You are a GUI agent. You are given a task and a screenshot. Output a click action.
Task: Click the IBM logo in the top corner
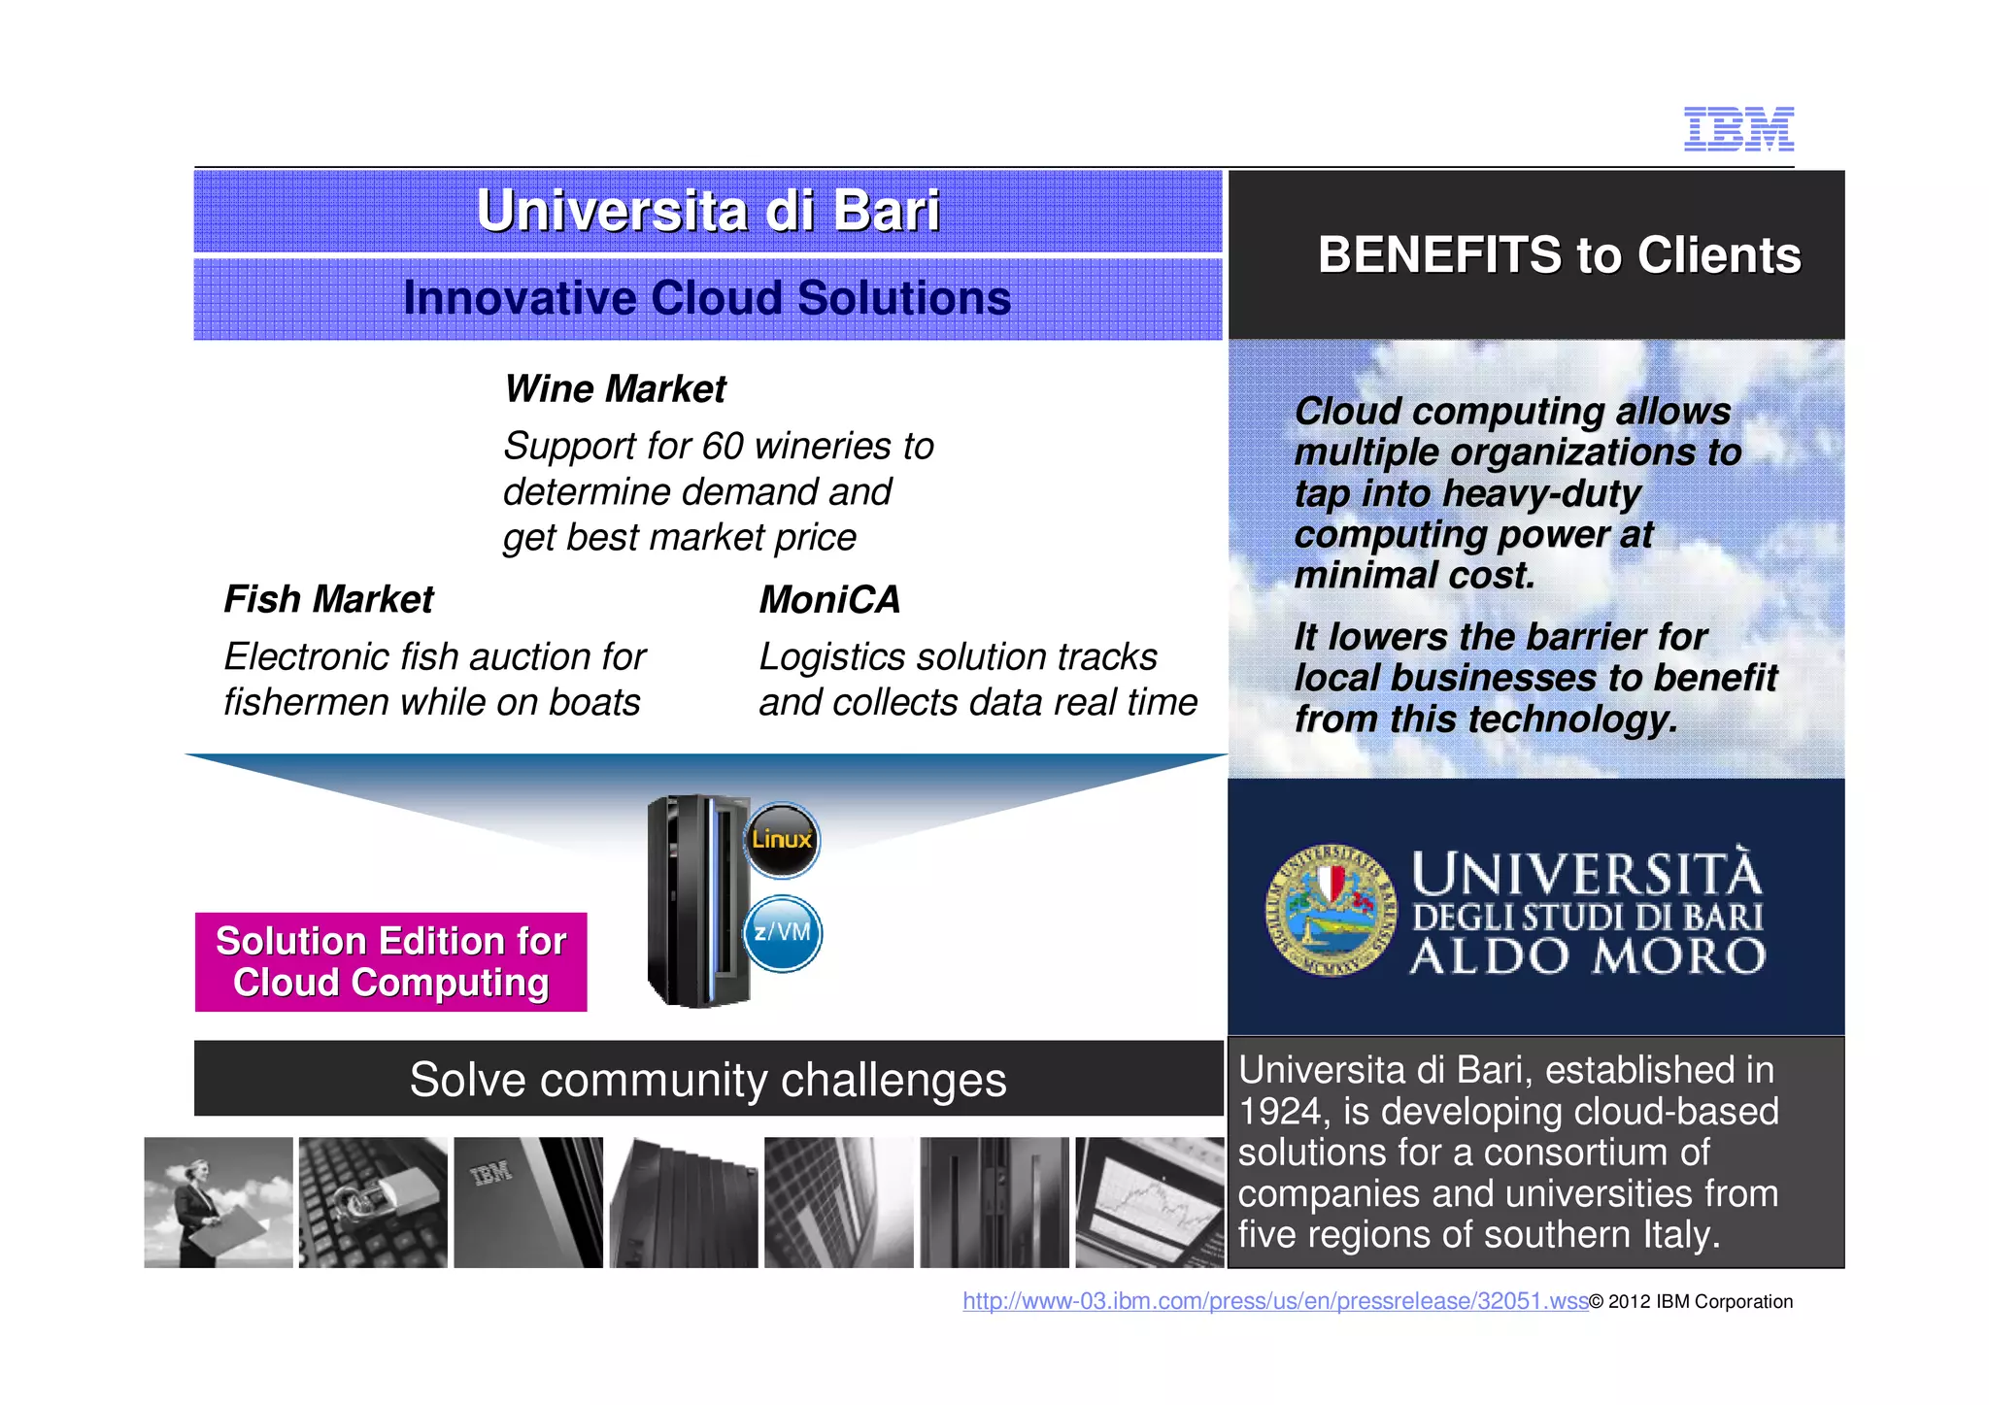[x=1738, y=129]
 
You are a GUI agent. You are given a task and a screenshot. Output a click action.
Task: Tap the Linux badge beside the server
[x=782, y=840]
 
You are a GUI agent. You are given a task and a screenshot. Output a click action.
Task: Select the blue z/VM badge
[x=783, y=933]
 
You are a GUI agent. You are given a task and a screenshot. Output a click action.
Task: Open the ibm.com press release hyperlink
[x=1274, y=1301]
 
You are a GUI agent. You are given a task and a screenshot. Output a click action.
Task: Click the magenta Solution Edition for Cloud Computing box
[x=390, y=962]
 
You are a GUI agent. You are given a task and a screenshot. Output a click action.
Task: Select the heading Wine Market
[x=615, y=389]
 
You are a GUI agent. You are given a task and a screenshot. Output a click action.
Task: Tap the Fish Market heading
[x=328, y=599]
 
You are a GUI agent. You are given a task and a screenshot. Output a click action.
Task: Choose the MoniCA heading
[x=829, y=599]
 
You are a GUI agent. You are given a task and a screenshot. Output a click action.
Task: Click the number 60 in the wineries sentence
[x=723, y=447]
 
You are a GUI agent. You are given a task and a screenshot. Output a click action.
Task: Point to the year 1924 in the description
[x=1280, y=1112]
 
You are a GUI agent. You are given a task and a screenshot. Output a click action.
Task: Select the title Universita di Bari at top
[x=708, y=211]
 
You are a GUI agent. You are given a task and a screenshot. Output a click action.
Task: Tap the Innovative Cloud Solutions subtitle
[x=707, y=298]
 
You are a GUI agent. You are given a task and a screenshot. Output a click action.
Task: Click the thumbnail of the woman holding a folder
[x=219, y=1202]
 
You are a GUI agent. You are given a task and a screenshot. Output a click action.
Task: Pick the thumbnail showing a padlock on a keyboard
[x=373, y=1202]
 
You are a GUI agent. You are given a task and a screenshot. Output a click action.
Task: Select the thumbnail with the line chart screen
[x=1150, y=1202]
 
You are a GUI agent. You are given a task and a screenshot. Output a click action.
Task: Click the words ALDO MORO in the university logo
[x=1587, y=956]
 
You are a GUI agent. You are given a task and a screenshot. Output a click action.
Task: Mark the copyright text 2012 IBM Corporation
[x=1699, y=1302]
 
